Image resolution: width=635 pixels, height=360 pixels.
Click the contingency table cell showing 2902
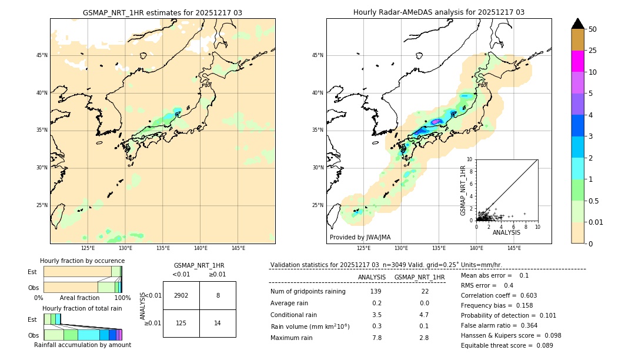pos(181,295)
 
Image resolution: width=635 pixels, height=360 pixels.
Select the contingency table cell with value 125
pos(181,323)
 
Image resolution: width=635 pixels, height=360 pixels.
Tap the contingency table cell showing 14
pos(218,323)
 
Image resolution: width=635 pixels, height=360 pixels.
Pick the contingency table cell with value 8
pos(218,295)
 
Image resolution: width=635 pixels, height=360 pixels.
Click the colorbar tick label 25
pos(593,51)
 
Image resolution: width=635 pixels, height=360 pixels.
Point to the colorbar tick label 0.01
pos(596,222)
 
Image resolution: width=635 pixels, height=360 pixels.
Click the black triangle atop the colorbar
pos(577,24)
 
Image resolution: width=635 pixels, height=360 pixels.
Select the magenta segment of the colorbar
pos(577,61)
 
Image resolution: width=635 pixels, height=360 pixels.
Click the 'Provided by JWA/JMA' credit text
pos(360,238)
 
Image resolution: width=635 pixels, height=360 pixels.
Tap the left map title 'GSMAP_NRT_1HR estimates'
pos(162,13)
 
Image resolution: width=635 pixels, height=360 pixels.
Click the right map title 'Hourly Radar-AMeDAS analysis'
pos(439,12)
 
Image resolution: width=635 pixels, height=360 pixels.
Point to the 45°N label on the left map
pos(42,55)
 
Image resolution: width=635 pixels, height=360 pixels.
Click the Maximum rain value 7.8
pos(376,338)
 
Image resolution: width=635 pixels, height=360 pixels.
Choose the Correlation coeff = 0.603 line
pos(499,295)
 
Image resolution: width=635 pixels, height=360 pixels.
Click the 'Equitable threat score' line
pos(507,345)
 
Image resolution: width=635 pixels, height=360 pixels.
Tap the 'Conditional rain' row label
pos(294,315)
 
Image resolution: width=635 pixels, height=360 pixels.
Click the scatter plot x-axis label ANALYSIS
pos(506,232)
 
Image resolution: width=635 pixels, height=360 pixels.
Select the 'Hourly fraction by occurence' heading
pos(82,261)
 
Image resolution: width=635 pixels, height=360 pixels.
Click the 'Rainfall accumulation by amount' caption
pos(82,345)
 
